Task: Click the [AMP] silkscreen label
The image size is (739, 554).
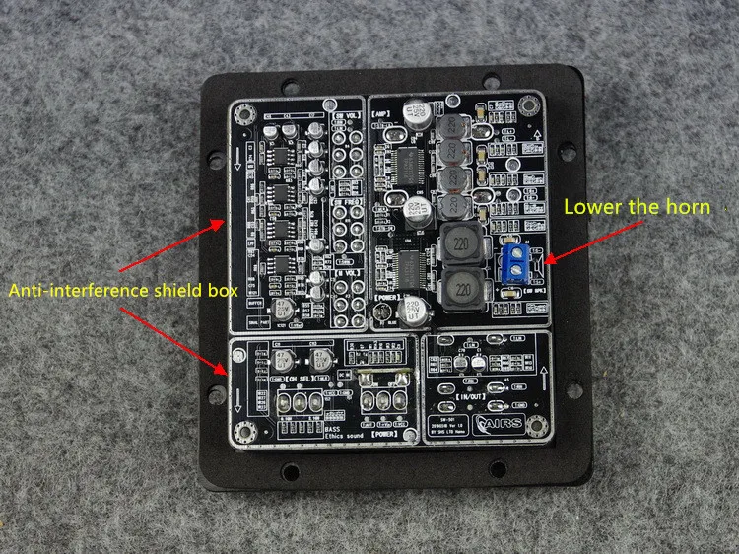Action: [x=382, y=116]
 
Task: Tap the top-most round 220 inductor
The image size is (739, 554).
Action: [x=456, y=128]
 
